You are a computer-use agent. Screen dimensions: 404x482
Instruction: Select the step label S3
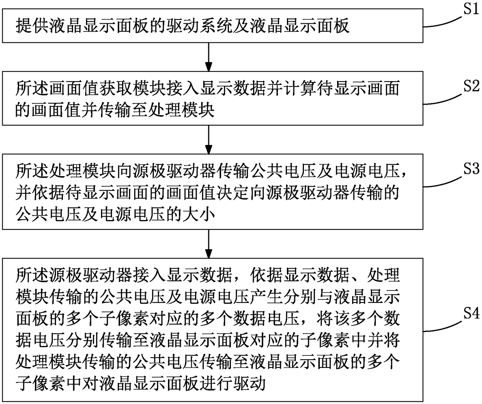[x=470, y=169]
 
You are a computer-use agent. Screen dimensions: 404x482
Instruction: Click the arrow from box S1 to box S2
[x=209, y=56]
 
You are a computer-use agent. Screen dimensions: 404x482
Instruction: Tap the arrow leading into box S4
[x=209, y=243]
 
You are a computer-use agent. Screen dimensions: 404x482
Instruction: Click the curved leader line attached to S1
[x=441, y=23]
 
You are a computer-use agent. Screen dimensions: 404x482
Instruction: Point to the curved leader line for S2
[x=441, y=100]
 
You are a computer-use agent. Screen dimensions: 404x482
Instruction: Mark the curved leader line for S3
[x=441, y=182]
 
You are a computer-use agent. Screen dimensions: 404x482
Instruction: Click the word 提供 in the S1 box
[x=33, y=26]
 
